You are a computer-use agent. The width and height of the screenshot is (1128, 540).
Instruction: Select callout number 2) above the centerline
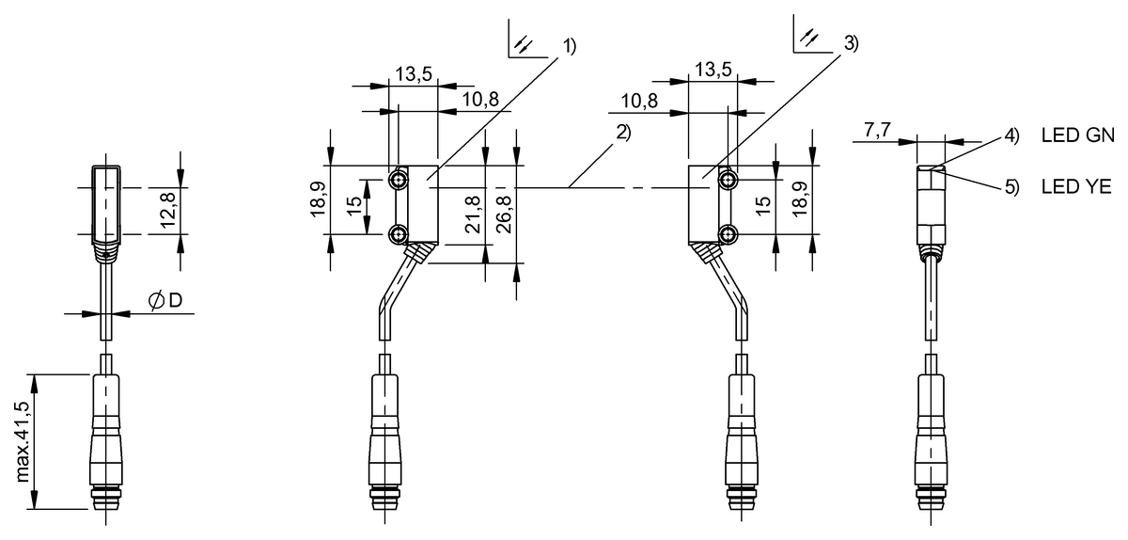point(621,133)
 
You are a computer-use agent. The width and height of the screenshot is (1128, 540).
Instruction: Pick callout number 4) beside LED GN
point(1010,135)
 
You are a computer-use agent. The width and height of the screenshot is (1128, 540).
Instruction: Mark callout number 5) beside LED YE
point(1010,187)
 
